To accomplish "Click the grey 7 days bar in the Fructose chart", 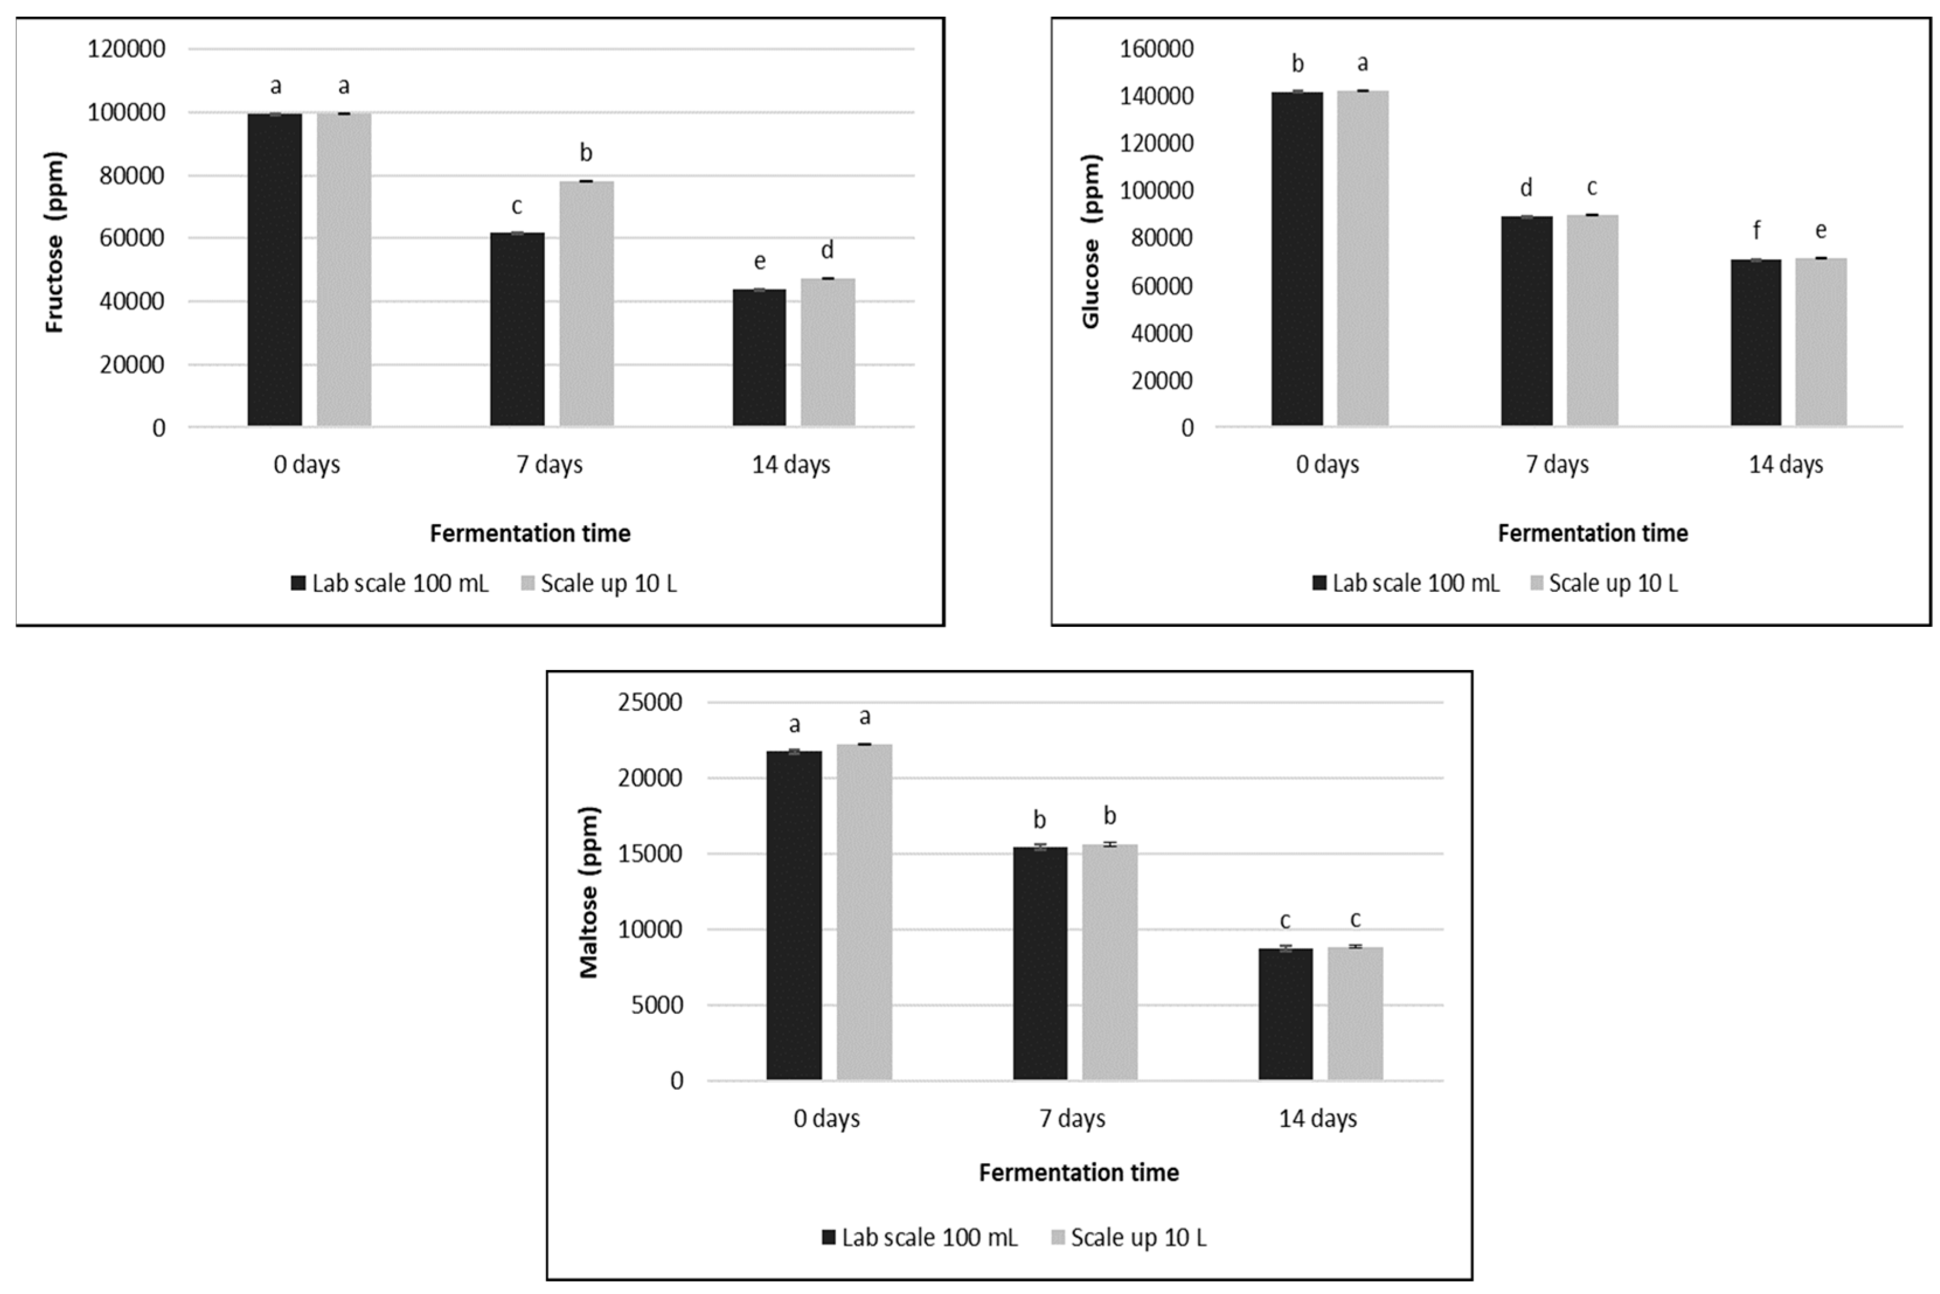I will (x=586, y=304).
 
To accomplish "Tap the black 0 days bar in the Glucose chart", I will (x=1297, y=259).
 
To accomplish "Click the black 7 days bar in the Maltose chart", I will (x=1039, y=963).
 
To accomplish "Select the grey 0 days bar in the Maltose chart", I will (x=864, y=912).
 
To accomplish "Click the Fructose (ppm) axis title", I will (x=54, y=242).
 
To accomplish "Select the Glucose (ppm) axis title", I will (x=1091, y=242).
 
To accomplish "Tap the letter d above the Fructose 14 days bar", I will (x=827, y=250).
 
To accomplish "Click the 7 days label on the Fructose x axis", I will (x=550, y=465).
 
